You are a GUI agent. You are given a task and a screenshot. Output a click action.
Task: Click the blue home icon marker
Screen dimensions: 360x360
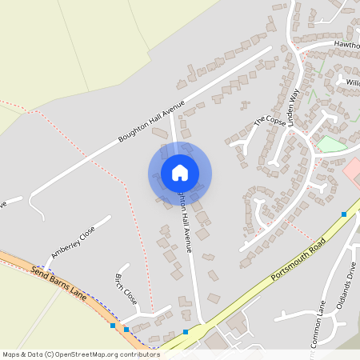click(x=179, y=173)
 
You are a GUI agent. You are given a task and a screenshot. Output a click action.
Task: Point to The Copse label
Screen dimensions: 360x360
click(x=269, y=121)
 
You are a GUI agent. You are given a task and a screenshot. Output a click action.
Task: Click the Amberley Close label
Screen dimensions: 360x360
click(x=73, y=241)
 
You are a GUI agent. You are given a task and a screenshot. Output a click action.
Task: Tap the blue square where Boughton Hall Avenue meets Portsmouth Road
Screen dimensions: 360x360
click(x=186, y=331)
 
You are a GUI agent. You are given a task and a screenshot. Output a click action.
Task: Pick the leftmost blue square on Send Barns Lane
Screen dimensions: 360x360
click(x=112, y=326)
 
